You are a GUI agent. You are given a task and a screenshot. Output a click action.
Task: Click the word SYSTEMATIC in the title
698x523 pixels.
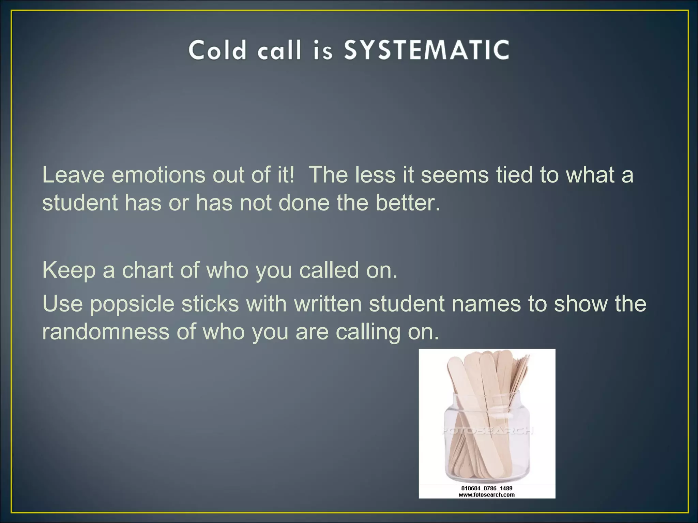tap(426, 50)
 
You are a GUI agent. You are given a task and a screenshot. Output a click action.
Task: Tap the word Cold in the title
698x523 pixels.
tap(217, 50)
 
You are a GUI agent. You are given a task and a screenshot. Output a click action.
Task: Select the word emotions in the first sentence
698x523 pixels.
tap(158, 175)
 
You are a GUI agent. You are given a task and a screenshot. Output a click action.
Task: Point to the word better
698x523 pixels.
tap(408, 203)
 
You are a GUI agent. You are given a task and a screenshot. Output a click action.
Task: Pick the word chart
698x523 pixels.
tap(148, 270)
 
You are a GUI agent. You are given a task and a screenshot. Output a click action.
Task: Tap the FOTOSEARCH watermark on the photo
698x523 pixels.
tap(487, 431)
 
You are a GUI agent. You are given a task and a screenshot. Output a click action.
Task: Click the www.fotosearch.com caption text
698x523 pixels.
tap(487, 495)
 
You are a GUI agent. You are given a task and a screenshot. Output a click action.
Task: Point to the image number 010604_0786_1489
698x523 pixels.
tap(487, 488)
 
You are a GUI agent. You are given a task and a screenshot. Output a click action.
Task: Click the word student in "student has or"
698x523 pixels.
tap(80, 203)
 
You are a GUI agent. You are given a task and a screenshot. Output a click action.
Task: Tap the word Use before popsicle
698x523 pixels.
tap(63, 303)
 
